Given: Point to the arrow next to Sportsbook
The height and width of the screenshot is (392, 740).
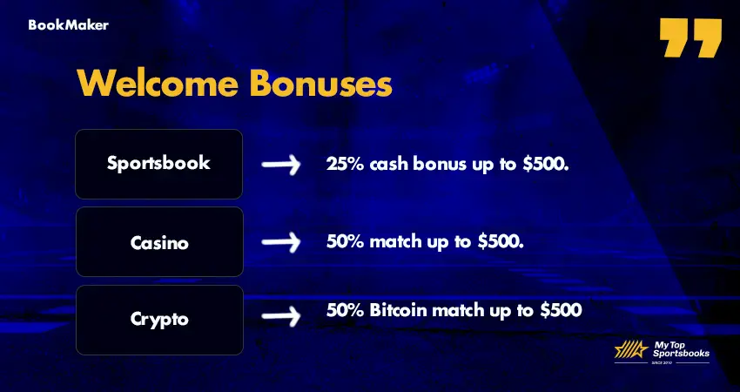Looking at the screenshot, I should [x=281, y=164].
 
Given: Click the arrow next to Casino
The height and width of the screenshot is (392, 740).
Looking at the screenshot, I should [x=281, y=241].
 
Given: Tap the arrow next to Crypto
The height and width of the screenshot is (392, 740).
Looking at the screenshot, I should [x=281, y=318].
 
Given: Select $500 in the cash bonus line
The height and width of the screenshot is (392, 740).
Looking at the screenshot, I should [x=546, y=164].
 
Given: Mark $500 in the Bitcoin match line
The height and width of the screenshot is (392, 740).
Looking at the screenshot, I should [x=559, y=310].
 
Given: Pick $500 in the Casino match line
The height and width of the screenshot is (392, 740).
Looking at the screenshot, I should [x=501, y=241].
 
